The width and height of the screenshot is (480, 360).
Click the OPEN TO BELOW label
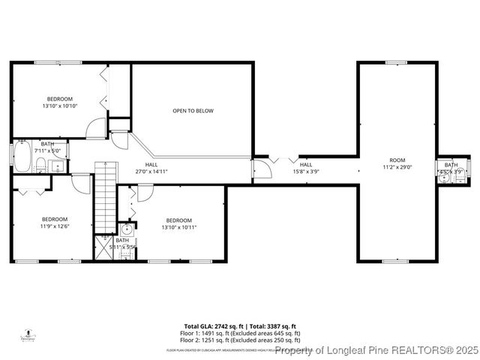193,111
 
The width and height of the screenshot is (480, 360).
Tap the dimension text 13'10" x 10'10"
60,106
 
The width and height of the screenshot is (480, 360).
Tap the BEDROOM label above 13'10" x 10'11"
179,220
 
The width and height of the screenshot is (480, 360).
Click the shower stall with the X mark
103,247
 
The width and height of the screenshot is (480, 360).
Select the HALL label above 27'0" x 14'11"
151,164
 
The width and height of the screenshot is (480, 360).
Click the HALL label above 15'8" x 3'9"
306,164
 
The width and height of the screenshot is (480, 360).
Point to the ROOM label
397,160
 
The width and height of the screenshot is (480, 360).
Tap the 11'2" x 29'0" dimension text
397,167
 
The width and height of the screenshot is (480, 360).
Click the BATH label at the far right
451,164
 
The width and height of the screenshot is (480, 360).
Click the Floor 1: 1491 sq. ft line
242,333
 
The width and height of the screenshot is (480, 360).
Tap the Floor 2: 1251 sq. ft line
242,340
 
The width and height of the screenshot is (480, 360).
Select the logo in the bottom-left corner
29,334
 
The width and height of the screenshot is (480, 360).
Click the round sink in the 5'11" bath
127,229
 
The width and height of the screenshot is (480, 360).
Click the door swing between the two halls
261,172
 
